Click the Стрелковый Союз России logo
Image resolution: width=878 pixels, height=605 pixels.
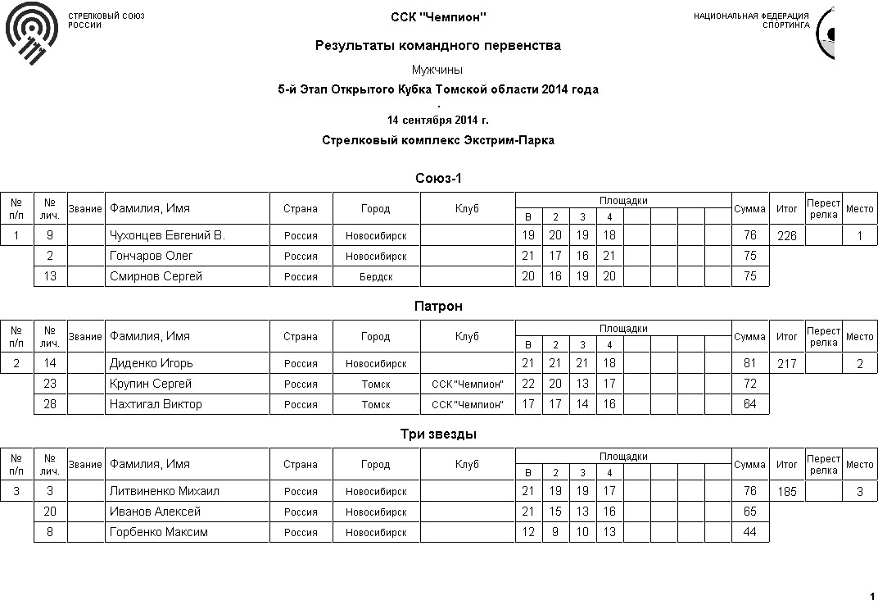32,33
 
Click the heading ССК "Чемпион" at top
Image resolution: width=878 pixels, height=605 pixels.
438,17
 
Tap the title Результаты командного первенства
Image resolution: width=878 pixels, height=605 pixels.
438,46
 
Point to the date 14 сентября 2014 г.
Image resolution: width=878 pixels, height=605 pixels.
438,120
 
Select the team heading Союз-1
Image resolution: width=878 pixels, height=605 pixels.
438,178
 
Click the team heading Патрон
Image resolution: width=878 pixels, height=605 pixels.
438,306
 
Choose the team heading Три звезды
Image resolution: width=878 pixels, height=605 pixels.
438,434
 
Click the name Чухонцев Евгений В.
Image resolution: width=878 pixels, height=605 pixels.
167,235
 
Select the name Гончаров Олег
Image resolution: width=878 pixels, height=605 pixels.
152,256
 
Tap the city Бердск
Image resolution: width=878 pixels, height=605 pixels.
376,277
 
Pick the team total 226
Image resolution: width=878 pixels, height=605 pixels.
786,236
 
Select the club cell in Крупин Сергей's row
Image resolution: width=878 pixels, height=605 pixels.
467,384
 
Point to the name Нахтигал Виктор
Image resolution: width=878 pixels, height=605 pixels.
156,404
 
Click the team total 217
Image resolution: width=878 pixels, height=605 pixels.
786,364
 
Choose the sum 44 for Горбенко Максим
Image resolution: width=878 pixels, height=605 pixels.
749,532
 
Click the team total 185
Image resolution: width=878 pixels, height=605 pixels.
786,492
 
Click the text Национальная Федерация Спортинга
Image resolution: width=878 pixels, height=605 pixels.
751,20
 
